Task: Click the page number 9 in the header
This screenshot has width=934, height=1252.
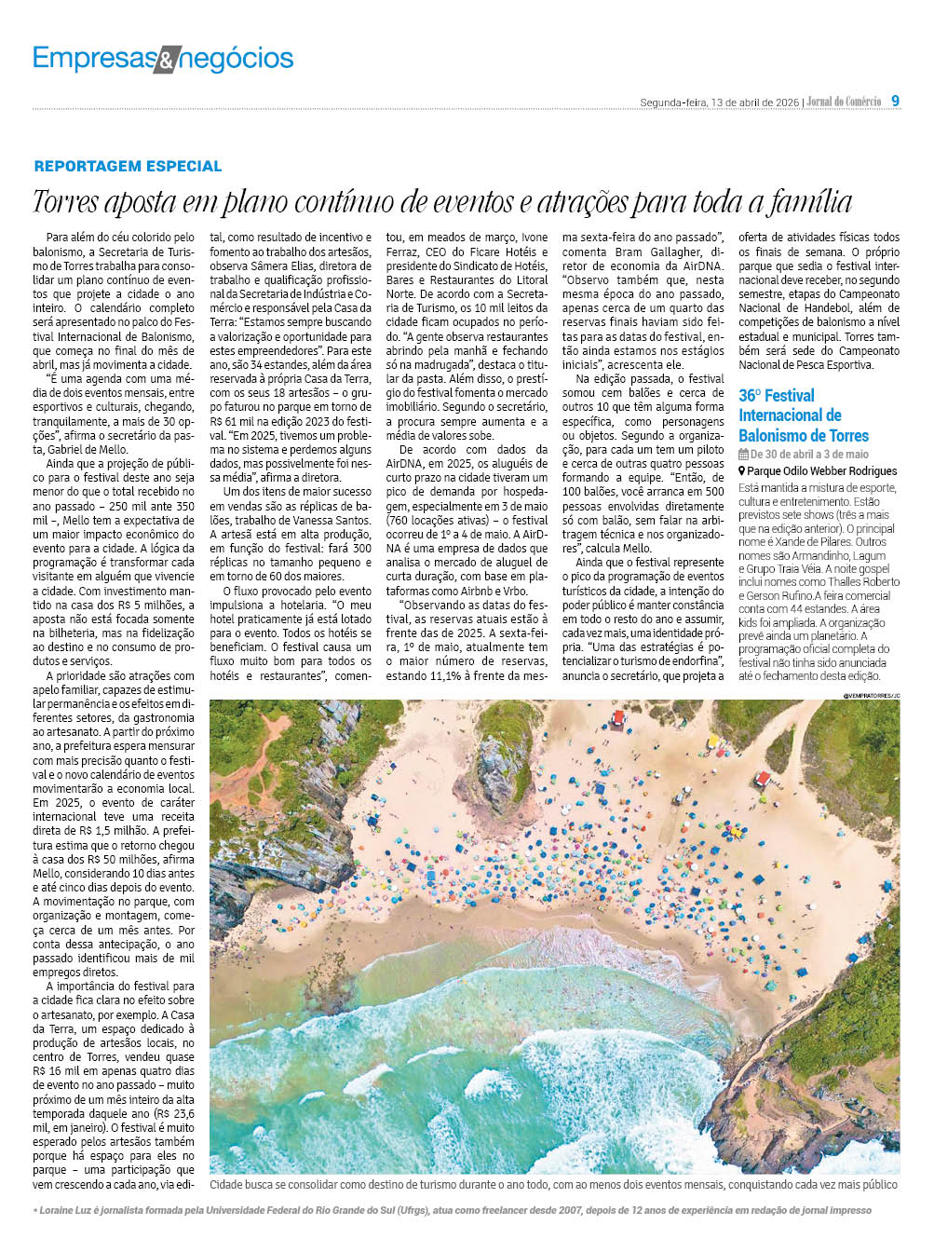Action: pyautogui.click(x=896, y=101)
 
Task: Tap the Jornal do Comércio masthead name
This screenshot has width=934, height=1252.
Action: pyautogui.click(x=844, y=102)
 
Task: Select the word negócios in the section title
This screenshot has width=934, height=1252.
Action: pyautogui.click(x=237, y=60)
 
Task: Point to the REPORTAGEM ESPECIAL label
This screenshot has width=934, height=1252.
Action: pyautogui.click(x=128, y=166)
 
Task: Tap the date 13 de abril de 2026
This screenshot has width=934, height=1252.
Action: pyautogui.click(x=754, y=102)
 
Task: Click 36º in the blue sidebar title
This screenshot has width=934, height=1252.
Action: pyautogui.click(x=751, y=396)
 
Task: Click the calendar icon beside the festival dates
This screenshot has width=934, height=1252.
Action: pyautogui.click(x=743, y=455)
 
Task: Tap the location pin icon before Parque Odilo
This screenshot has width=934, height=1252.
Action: pyautogui.click(x=742, y=471)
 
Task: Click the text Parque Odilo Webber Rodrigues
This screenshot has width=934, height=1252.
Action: pyautogui.click(x=822, y=471)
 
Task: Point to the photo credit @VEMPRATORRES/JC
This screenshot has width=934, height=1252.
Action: pyautogui.click(x=872, y=695)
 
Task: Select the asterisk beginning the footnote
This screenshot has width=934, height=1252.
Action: pyautogui.click(x=35, y=1211)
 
